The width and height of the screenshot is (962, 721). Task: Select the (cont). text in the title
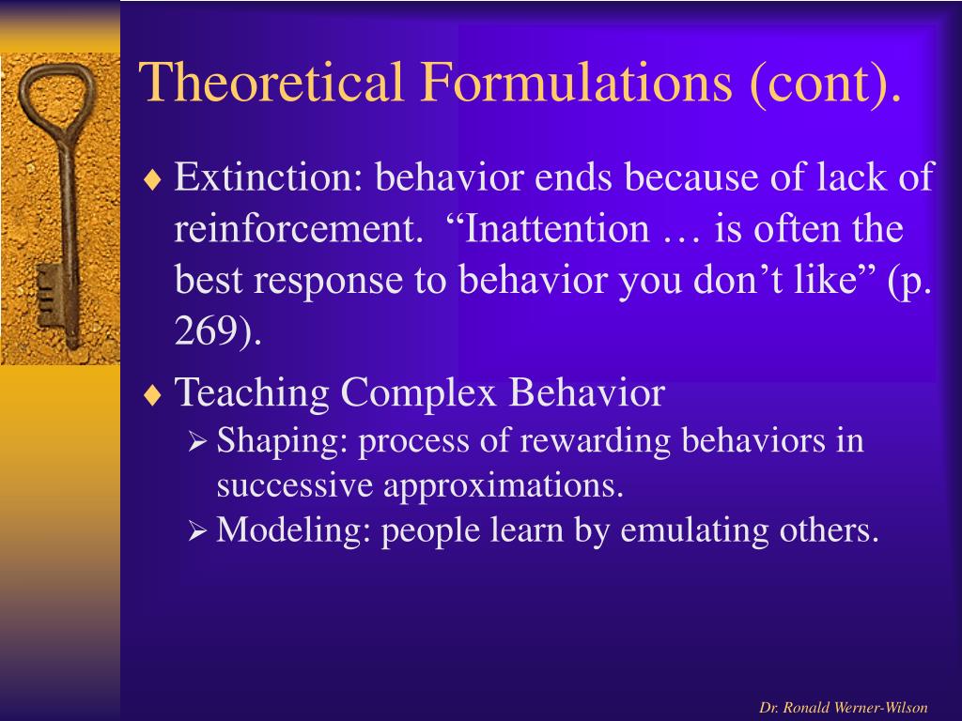pos(825,84)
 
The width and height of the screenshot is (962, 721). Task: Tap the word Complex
pos(418,393)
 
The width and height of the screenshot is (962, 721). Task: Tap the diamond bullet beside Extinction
pos(152,179)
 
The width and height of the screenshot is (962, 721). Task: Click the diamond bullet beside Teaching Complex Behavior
pos(152,395)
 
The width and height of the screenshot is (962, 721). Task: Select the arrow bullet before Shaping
pos(197,441)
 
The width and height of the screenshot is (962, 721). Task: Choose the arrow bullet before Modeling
pos(197,530)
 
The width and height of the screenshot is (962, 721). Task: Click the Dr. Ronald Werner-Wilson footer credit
pos(843,708)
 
